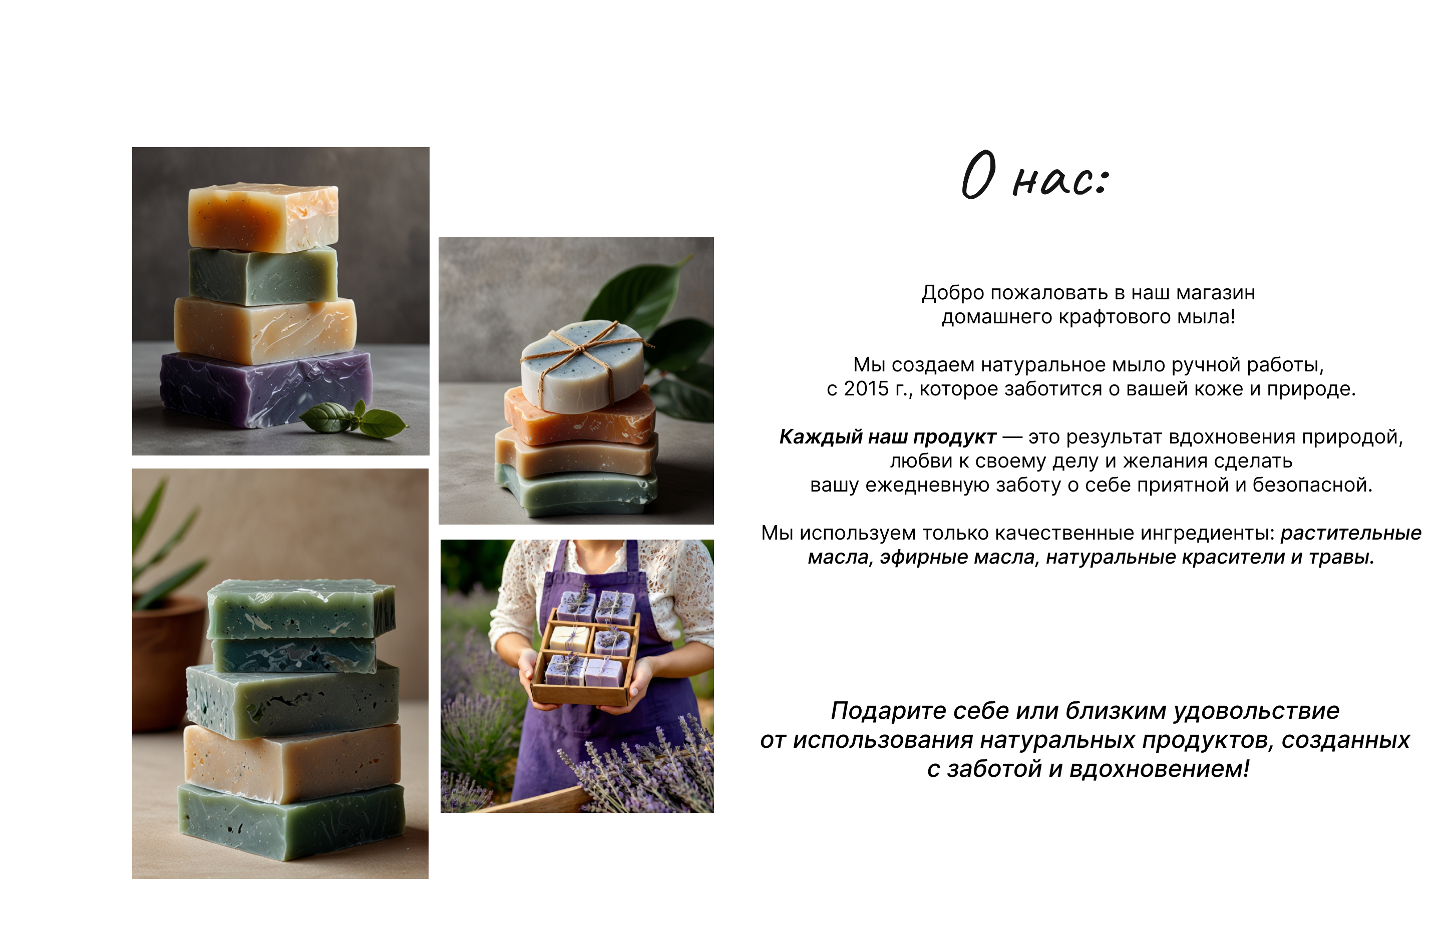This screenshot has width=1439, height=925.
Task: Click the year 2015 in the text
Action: click(x=866, y=388)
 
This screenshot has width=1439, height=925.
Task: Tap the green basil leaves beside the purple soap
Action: click(x=354, y=418)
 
